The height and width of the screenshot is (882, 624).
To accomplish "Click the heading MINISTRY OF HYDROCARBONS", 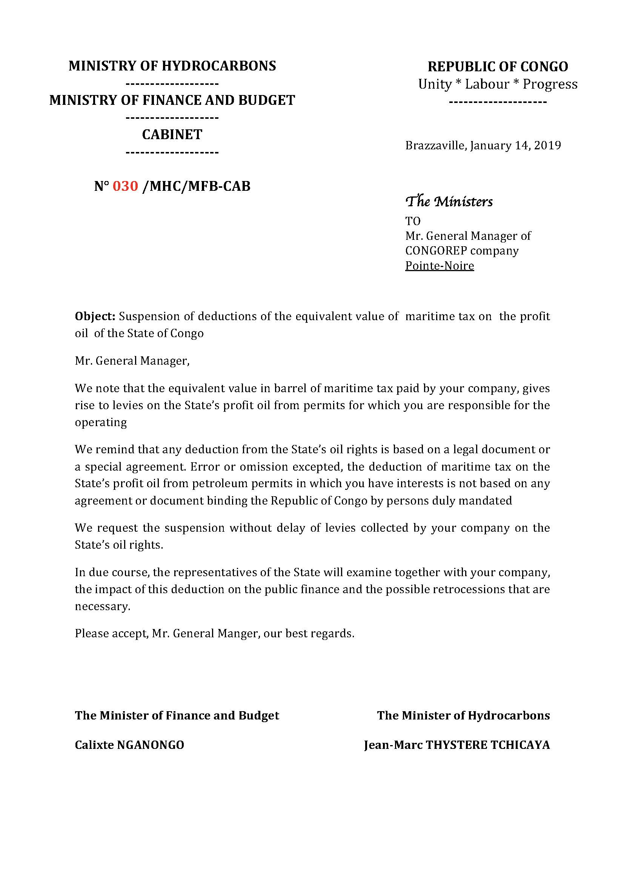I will click(x=172, y=66).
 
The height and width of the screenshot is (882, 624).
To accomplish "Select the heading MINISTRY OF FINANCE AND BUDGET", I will click(x=172, y=100).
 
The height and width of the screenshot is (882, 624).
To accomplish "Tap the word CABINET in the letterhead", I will click(x=172, y=135).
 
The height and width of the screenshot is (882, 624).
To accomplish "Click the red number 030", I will click(x=125, y=186).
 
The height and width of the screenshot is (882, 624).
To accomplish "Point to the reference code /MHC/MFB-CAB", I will click(x=196, y=186).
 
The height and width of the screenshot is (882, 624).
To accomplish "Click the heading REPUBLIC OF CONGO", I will click(x=498, y=67).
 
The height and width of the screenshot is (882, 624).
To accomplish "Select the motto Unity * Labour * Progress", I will click(x=498, y=84).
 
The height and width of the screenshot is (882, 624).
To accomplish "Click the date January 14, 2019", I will click(x=515, y=146).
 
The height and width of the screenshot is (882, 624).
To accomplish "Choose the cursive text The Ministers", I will click(x=449, y=201).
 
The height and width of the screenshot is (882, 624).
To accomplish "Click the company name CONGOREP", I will click(x=436, y=251).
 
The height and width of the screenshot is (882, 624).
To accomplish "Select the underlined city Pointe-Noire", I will click(x=440, y=266).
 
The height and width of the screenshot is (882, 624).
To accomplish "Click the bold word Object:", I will click(x=95, y=316).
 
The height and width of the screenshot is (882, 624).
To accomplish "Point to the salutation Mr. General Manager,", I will click(x=132, y=361).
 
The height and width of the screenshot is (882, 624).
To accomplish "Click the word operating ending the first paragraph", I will click(x=101, y=423).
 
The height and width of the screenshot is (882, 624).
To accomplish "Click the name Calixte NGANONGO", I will click(x=129, y=745).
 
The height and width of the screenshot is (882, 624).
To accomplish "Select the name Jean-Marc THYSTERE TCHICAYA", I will click(x=457, y=745).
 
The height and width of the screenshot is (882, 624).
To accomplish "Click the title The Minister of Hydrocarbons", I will click(x=463, y=716).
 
